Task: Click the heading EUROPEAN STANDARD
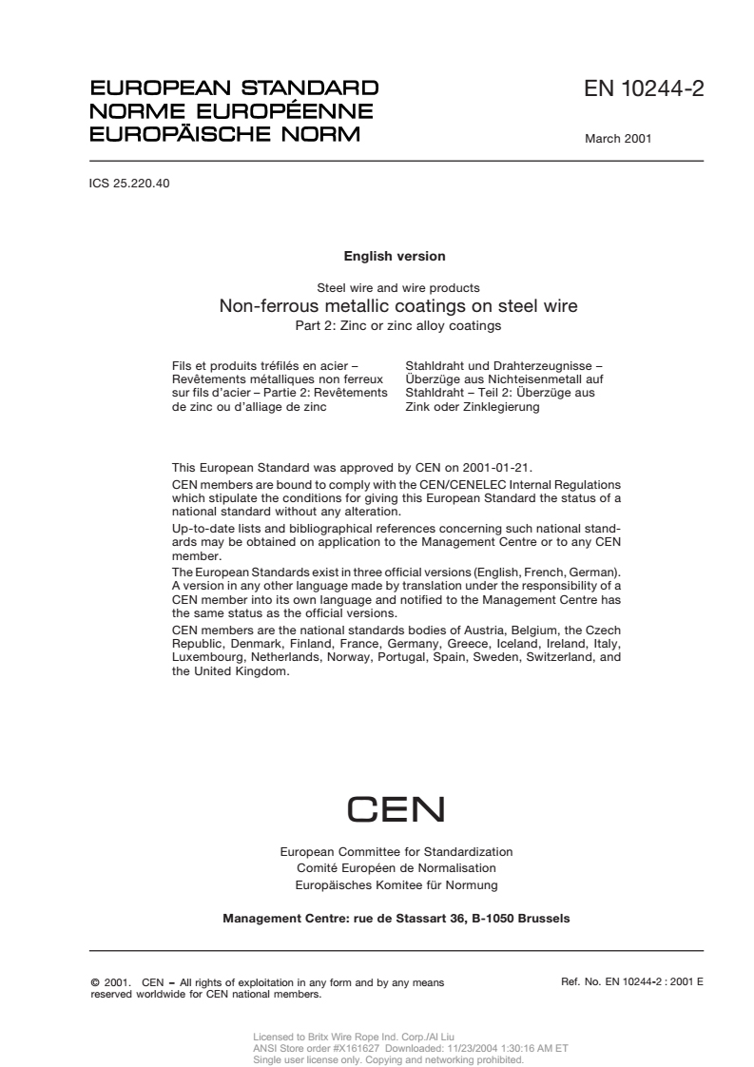(233, 88)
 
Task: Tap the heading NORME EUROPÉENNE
(230, 111)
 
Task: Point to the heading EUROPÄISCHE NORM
(224, 134)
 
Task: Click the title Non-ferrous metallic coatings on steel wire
(397, 306)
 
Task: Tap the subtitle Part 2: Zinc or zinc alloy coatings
(397, 325)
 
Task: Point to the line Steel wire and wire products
(397, 287)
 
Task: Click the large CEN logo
(396, 809)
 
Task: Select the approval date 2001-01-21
(501, 467)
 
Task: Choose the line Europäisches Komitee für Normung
(396, 884)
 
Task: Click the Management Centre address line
(396, 919)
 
